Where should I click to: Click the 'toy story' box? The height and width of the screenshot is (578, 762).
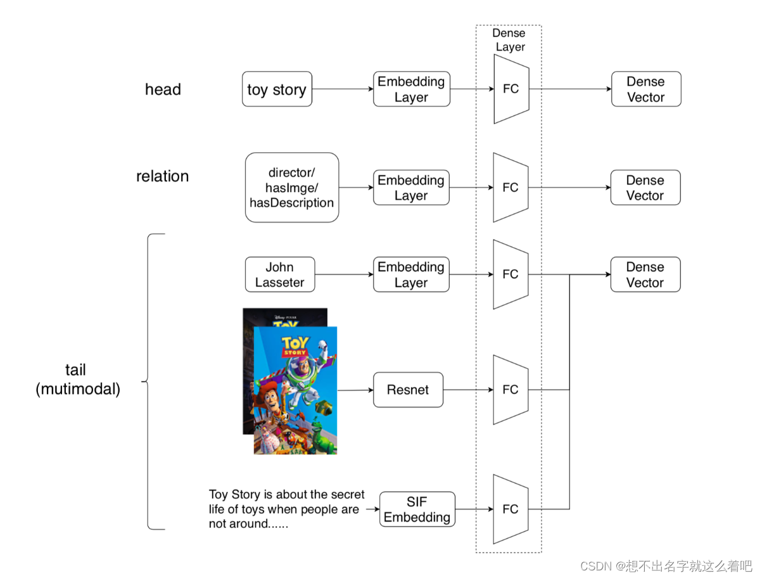point(277,89)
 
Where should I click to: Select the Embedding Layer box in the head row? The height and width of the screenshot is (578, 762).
point(411,89)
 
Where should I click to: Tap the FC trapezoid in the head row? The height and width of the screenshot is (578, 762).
point(511,89)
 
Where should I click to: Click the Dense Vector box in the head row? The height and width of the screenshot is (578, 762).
point(645,89)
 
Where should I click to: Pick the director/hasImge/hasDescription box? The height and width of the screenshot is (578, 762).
point(292,188)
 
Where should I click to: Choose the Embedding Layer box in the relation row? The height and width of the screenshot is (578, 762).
point(411,188)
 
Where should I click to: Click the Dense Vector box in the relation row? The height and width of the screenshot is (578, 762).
point(645,188)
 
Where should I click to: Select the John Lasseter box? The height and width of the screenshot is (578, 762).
point(279,274)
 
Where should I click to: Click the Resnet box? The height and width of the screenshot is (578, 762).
point(408,390)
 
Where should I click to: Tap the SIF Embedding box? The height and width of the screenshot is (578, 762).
point(417,509)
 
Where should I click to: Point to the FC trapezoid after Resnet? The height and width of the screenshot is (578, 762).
point(511,390)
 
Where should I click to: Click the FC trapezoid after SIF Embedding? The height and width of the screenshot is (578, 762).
point(511,509)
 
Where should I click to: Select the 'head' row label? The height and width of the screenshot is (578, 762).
point(163,89)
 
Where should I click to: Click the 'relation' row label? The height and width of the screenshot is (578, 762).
point(162,176)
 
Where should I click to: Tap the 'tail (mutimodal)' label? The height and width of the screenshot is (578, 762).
point(77,380)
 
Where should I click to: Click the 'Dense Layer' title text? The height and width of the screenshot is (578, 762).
point(510,40)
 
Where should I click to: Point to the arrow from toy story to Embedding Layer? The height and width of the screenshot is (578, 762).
point(343,89)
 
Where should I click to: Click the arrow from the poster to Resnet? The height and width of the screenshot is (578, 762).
point(355,390)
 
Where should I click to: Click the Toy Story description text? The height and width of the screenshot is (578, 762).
point(286,509)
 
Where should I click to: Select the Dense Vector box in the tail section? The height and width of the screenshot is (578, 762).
point(645,274)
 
